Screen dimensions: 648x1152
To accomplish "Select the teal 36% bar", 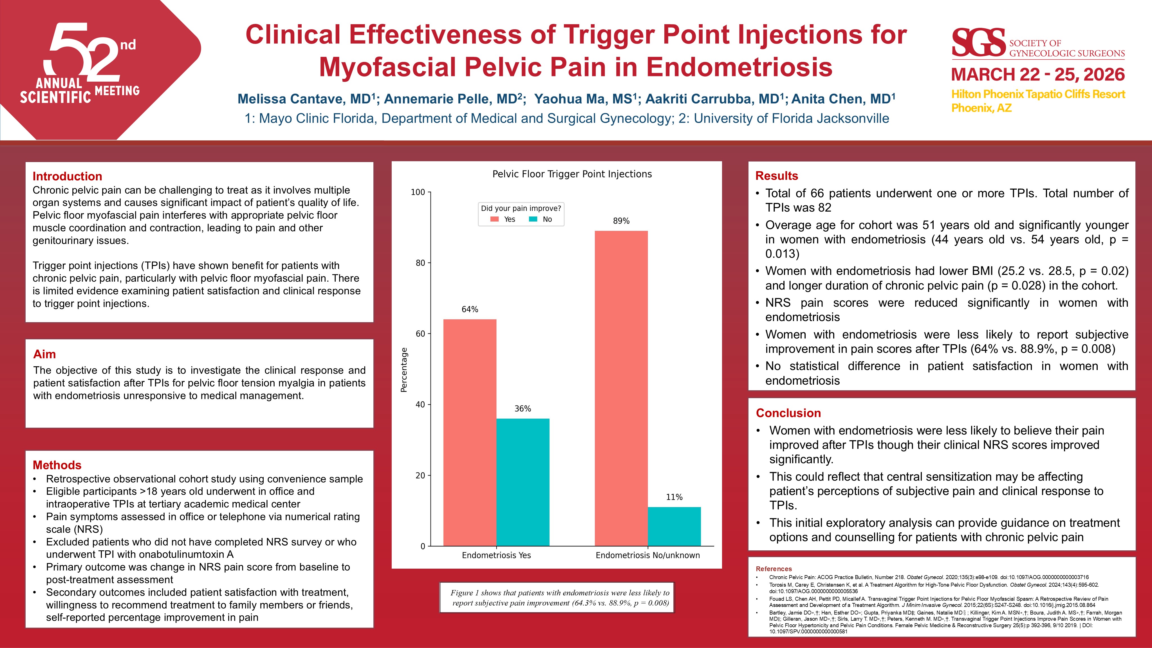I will tap(523, 482).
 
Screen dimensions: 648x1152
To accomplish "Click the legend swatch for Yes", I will tap(494, 219).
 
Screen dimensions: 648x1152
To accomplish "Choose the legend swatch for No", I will tap(533, 219).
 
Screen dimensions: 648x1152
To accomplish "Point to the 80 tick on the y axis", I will tap(420, 263).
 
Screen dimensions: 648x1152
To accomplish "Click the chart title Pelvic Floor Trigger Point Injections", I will tap(572, 174).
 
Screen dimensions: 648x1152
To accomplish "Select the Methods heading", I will tap(57, 465).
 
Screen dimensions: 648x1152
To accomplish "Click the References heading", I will tap(774, 569).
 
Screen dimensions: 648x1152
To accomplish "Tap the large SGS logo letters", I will tap(978, 43).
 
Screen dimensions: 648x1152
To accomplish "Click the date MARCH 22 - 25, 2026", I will tap(1037, 74).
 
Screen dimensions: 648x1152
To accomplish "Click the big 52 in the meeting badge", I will tap(83, 51).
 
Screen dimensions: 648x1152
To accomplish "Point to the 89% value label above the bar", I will tap(621, 221).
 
